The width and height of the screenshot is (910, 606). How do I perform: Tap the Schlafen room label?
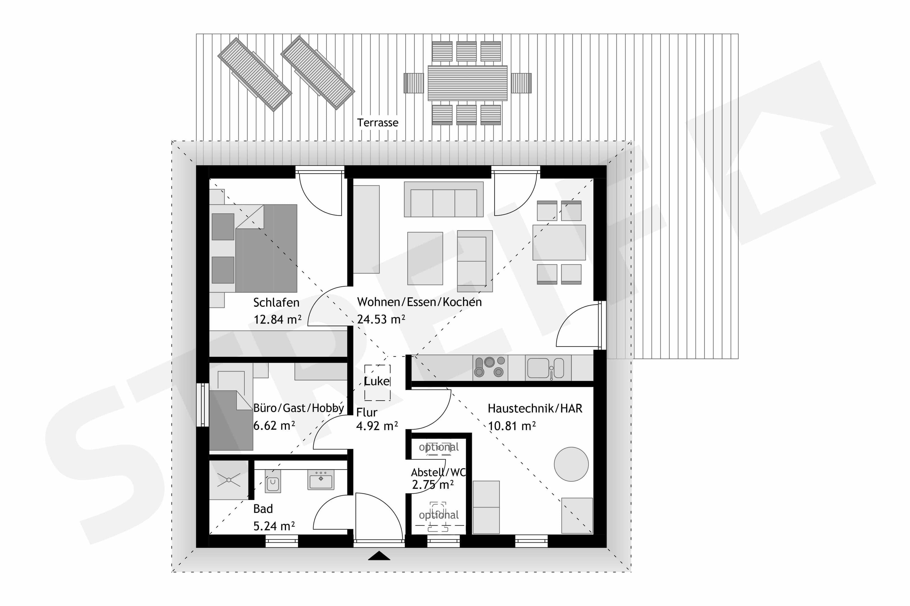[x=276, y=302]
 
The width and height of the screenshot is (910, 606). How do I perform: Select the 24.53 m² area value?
[x=381, y=319]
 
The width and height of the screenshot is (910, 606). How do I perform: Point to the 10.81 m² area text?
[x=512, y=426]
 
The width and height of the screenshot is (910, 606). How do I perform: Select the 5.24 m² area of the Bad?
[x=274, y=526]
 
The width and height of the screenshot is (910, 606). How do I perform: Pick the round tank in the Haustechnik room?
[x=571, y=464]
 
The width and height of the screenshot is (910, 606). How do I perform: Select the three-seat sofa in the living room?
[x=444, y=199]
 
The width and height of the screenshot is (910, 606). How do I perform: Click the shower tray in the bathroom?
[x=229, y=480]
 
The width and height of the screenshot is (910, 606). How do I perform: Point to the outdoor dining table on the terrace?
[x=467, y=83]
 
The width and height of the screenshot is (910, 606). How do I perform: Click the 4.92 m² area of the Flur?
[x=377, y=426]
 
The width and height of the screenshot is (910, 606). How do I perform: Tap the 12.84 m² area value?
[x=277, y=319]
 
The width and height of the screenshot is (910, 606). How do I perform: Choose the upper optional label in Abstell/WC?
[x=439, y=447]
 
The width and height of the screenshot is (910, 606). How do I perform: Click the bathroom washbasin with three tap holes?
[x=320, y=480]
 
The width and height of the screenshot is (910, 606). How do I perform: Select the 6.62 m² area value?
[x=274, y=426]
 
